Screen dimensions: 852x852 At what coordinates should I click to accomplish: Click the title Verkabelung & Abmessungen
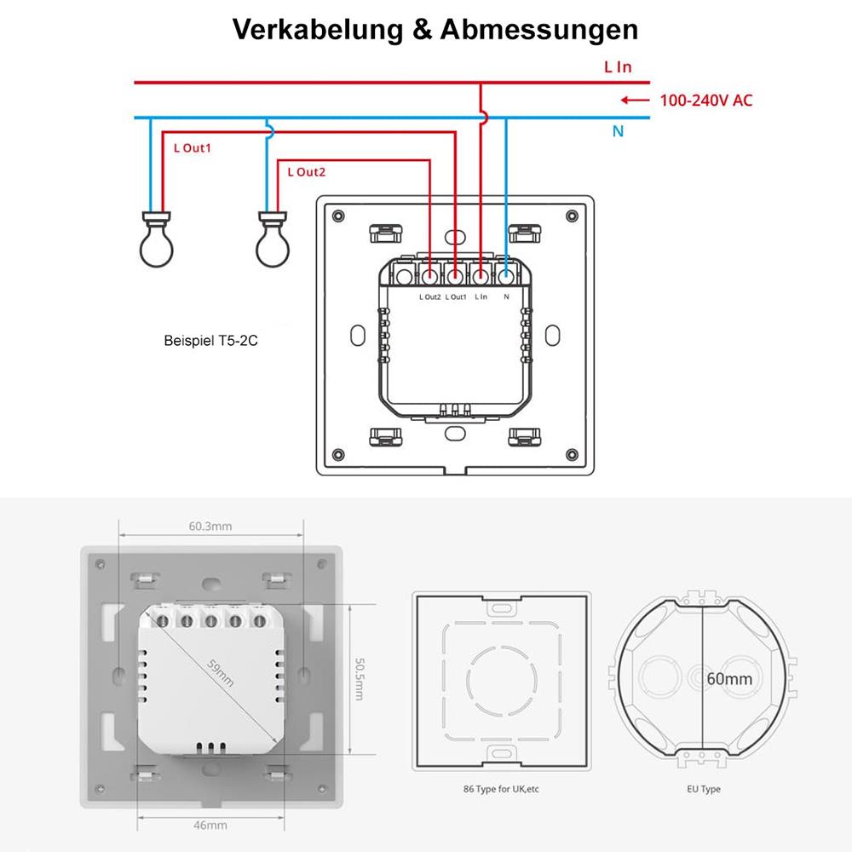(x=435, y=30)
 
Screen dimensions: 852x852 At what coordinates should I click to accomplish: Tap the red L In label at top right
(x=618, y=66)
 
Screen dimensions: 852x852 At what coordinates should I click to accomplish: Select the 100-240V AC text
(x=706, y=101)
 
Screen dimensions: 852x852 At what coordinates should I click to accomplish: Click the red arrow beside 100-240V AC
(x=636, y=101)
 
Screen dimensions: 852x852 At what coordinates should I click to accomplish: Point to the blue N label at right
(x=619, y=132)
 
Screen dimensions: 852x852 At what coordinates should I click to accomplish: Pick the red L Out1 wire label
(x=192, y=147)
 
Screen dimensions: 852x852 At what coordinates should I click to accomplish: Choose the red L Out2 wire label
(x=307, y=172)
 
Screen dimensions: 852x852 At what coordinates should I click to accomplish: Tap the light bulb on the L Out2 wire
(x=273, y=242)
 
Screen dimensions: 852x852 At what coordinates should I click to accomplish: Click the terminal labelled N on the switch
(x=506, y=275)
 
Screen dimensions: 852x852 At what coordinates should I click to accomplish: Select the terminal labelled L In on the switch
(x=481, y=275)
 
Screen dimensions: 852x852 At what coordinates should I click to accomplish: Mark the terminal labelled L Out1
(x=456, y=275)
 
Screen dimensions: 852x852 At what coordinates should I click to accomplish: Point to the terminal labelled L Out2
(x=430, y=275)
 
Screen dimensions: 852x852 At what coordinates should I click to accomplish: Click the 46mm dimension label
(x=210, y=826)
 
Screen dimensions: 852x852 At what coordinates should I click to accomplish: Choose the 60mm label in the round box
(x=729, y=679)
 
